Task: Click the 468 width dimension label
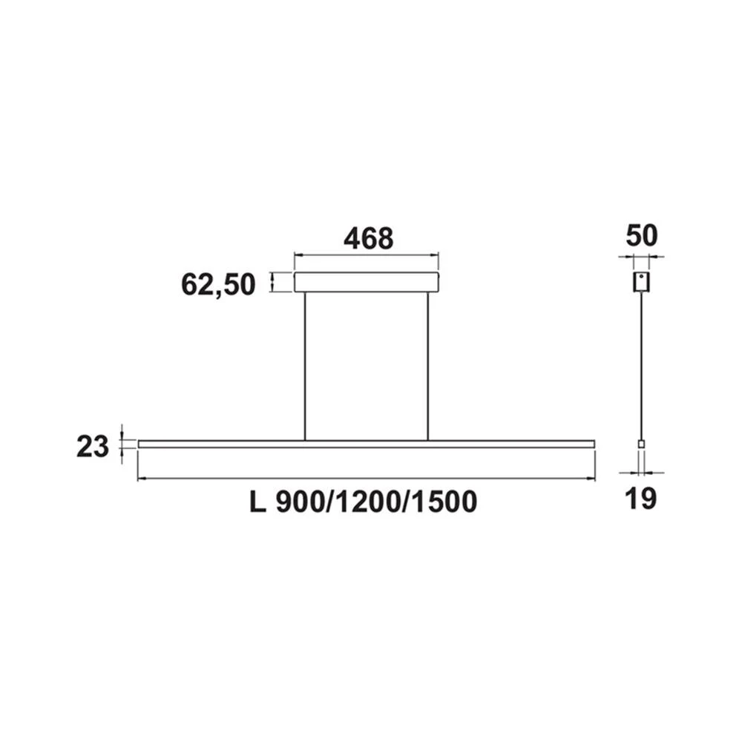tap(367, 238)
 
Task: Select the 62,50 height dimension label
tap(218, 283)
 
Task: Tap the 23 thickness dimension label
tap(93, 447)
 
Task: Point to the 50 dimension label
tap(642, 235)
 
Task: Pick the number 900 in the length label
tap(297, 502)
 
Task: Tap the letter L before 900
tap(257, 502)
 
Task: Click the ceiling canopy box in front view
tap(367, 282)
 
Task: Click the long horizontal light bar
tap(367, 444)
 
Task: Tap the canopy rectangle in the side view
tap(641, 282)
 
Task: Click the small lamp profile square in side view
tap(642, 444)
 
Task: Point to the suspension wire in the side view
tap(642, 364)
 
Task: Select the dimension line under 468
tap(367, 257)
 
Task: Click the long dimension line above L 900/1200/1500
tap(367, 479)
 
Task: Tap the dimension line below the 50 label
tap(641, 257)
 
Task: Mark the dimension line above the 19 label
tap(642, 472)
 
